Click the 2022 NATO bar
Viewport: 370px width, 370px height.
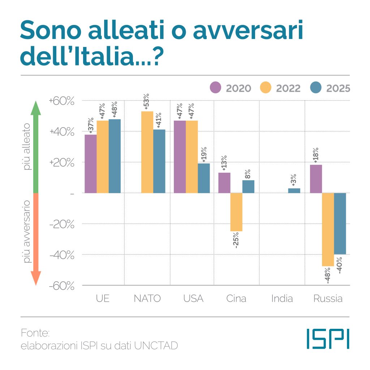pyautogui.click(x=147, y=152)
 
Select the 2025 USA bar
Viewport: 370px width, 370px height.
pyautogui.click(x=204, y=178)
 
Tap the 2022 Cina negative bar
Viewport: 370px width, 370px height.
pyautogui.click(x=236, y=212)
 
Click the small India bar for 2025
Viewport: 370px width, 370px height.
pyautogui.click(x=294, y=190)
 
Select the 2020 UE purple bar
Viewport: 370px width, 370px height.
pyautogui.click(x=91, y=164)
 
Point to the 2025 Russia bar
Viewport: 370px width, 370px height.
pyautogui.click(x=340, y=224)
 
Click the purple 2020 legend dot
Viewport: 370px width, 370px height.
pyautogui.click(x=216, y=88)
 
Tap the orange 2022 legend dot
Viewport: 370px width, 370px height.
pyautogui.click(x=266, y=88)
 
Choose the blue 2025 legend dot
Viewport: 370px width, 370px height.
pyautogui.click(x=316, y=88)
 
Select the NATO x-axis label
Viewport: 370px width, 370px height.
pyautogui.click(x=147, y=299)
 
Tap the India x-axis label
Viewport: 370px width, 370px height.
pyautogui.click(x=282, y=299)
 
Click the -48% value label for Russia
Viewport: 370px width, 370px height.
pyautogui.click(x=328, y=276)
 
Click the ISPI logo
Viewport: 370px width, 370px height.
pyautogui.click(x=328, y=338)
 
